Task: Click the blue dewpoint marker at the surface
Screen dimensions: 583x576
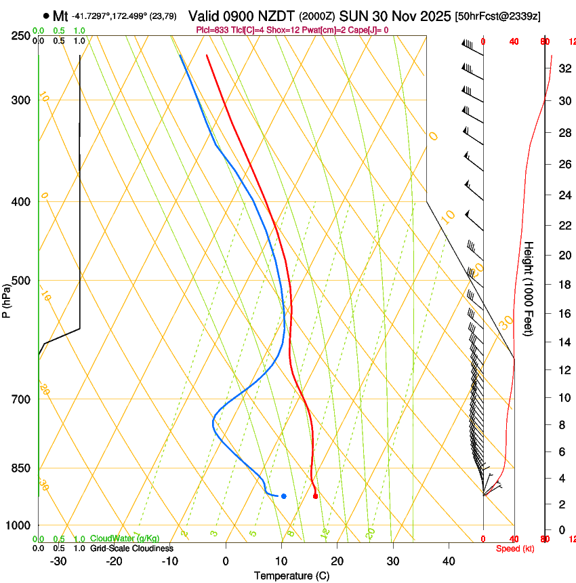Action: click(x=283, y=496)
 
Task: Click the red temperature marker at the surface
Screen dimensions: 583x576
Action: click(x=315, y=496)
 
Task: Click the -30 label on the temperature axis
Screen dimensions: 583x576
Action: click(x=58, y=561)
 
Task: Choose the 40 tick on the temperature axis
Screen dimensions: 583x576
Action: click(x=449, y=561)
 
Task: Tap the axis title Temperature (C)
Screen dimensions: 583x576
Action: click(x=291, y=576)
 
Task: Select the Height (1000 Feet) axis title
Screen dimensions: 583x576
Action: click(x=529, y=288)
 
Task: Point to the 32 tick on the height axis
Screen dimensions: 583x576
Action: click(x=564, y=68)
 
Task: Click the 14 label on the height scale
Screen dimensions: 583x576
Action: click(x=564, y=342)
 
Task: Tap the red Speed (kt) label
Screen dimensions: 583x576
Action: click(x=514, y=548)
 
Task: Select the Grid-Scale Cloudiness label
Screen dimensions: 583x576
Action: click(x=131, y=548)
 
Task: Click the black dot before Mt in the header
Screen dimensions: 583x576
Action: click(x=45, y=15)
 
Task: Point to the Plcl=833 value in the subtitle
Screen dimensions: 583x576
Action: click(x=212, y=30)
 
